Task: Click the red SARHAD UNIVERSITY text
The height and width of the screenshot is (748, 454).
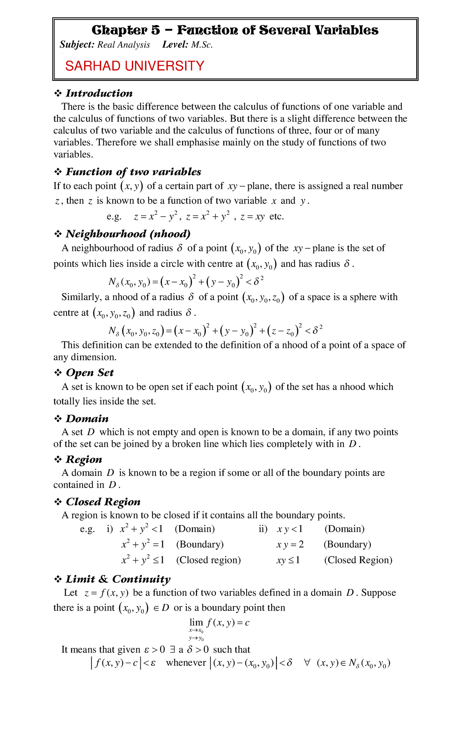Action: point(135,66)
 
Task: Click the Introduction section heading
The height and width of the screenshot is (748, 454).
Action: point(99,93)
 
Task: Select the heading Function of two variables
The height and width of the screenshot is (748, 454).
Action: point(133,172)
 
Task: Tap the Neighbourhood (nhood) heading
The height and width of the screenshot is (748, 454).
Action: point(128,234)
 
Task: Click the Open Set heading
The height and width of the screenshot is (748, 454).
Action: point(90,373)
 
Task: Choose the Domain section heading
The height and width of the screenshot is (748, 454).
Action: point(87,419)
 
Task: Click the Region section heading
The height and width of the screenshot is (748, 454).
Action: point(84,460)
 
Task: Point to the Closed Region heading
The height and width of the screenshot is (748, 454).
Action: point(103,502)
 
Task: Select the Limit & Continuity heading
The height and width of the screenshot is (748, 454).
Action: point(118,579)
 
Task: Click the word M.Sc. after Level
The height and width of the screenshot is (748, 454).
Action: point(202,45)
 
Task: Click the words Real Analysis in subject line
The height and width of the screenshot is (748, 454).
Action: point(124,45)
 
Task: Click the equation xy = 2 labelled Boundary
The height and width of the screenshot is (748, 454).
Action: point(290,544)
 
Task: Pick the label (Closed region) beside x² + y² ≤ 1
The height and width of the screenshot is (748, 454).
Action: point(208,560)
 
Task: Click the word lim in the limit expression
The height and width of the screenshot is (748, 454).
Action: point(196,623)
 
